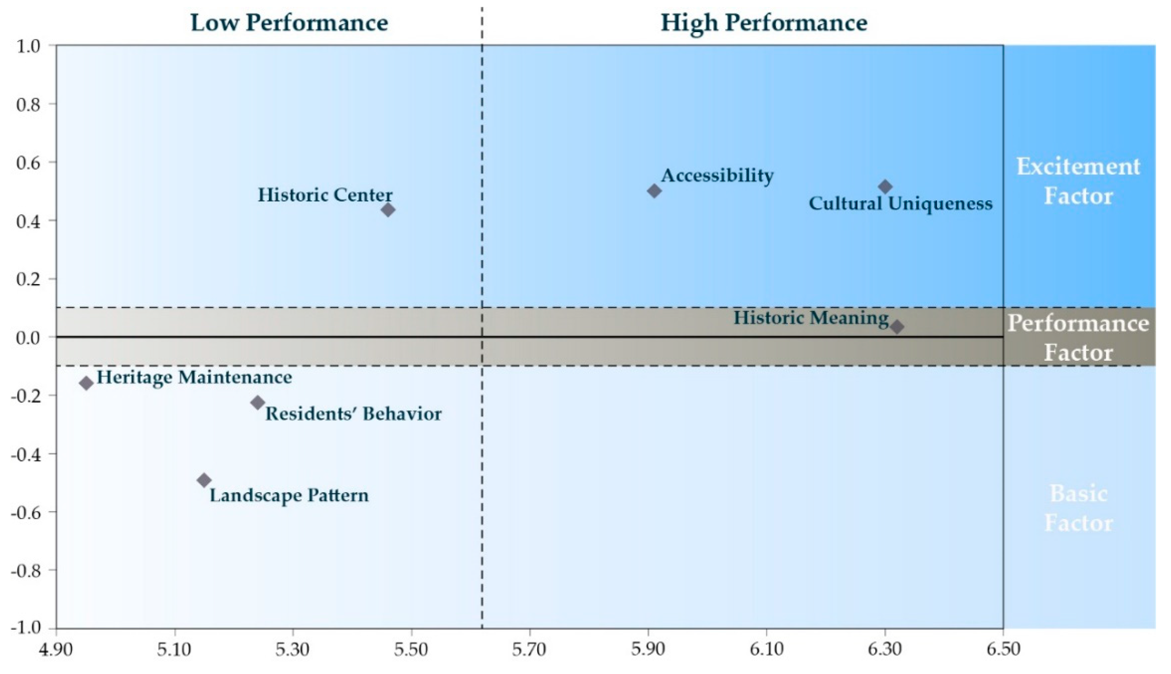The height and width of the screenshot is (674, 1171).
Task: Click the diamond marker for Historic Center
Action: pyautogui.click(x=388, y=210)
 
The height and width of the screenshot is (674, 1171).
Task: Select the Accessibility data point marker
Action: pyautogui.click(x=654, y=190)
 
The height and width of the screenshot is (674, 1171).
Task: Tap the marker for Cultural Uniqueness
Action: pyautogui.click(x=885, y=187)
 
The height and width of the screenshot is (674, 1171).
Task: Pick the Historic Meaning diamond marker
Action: pyautogui.click(x=897, y=327)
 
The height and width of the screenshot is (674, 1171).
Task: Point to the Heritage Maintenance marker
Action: pyautogui.click(x=86, y=383)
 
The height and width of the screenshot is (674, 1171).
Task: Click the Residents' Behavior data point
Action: pyautogui.click(x=258, y=402)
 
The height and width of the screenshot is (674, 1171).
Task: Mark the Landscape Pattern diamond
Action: pyautogui.click(x=204, y=480)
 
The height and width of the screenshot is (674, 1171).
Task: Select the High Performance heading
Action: pyautogui.click(x=764, y=22)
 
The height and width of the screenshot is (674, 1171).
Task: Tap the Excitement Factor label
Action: pyautogui.click(x=1078, y=181)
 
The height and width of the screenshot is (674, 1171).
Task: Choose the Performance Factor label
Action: pyautogui.click(x=1078, y=337)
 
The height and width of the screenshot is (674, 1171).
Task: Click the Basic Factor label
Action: pyautogui.click(x=1078, y=508)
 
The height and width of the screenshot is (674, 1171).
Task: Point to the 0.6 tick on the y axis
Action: pyautogui.click(x=28, y=162)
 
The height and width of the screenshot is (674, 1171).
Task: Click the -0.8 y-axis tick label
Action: pyautogui.click(x=26, y=571)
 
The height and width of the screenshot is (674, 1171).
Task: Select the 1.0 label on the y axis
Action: pyautogui.click(x=28, y=46)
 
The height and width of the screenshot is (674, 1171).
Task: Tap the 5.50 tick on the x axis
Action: pyautogui.click(x=411, y=650)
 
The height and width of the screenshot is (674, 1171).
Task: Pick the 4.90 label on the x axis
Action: pyautogui.click(x=56, y=650)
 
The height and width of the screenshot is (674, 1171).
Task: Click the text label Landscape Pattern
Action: pyautogui.click(x=289, y=495)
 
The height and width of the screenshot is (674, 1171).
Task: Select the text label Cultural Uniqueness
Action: pyautogui.click(x=900, y=203)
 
